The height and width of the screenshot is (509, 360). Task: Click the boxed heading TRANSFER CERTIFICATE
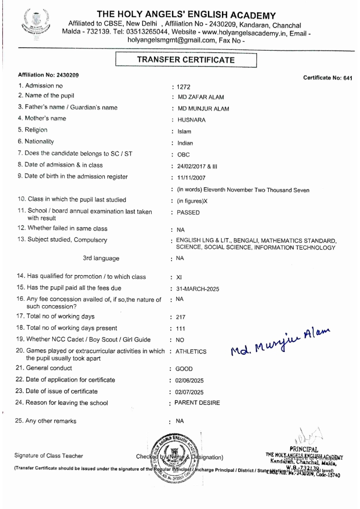coord(186,59)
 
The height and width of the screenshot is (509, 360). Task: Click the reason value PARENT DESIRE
coord(197,403)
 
